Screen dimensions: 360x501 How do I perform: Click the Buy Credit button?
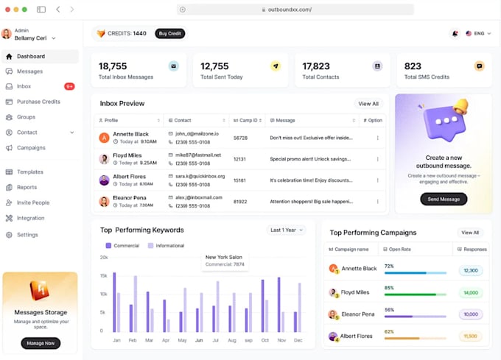click(x=170, y=33)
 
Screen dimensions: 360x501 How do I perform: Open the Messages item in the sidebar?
click(x=29, y=71)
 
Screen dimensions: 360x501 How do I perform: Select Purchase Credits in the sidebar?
click(x=38, y=102)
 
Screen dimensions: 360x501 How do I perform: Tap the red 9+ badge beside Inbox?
click(x=69, y=87)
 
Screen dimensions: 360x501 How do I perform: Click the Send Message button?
click(x=444, y=199)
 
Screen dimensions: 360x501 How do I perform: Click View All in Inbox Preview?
click(x=368, y=104)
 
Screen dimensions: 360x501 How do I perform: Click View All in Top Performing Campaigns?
click(x=470, y=233)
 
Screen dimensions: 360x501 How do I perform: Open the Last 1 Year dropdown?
click(x=287, y=230)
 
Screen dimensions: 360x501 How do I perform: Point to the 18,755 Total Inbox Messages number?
click(x=113, y=66)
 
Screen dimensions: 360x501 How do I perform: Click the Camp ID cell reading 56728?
click(x=240, y=138)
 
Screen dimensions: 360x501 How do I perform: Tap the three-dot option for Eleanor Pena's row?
click(x=378, y=201)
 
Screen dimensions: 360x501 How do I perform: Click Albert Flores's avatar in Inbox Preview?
click(x=104, y=180)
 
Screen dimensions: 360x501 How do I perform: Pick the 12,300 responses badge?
click(x=469, y=270)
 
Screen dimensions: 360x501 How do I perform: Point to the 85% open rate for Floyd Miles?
click(x=389, y=288)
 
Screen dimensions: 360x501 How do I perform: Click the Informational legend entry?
click(x=166, y=246)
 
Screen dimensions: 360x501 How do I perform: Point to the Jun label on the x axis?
click(x=199, y=341)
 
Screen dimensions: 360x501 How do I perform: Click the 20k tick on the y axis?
click(x=104, y=258)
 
